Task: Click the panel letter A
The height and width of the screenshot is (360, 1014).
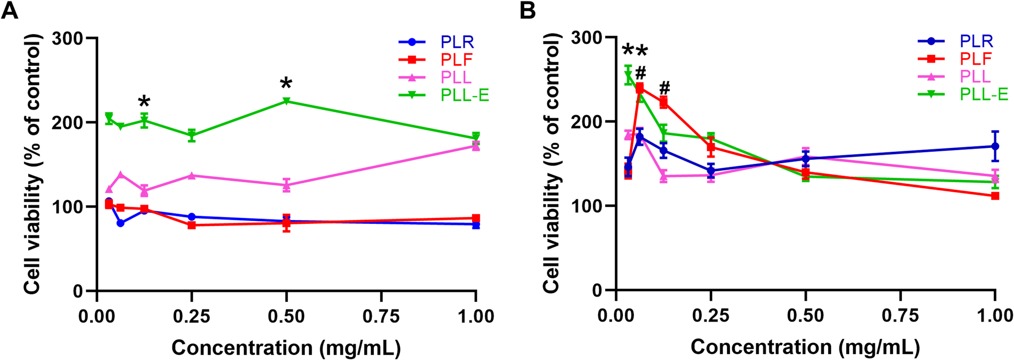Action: click(10, 10)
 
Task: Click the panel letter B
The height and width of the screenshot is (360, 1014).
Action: click(528, 10)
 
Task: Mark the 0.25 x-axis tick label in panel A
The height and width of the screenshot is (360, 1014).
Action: click(192, 316)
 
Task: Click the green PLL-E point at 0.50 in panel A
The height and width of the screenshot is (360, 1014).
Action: click(287, 101)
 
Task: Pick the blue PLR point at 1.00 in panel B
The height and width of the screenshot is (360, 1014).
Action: click(995, 146)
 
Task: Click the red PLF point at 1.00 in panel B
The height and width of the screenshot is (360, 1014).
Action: click(995, 196)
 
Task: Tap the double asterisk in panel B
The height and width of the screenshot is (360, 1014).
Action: click(634, 51)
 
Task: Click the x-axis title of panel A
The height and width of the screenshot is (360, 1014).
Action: click(286, 348)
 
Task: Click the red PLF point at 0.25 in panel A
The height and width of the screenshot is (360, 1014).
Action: click(192, 225)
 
